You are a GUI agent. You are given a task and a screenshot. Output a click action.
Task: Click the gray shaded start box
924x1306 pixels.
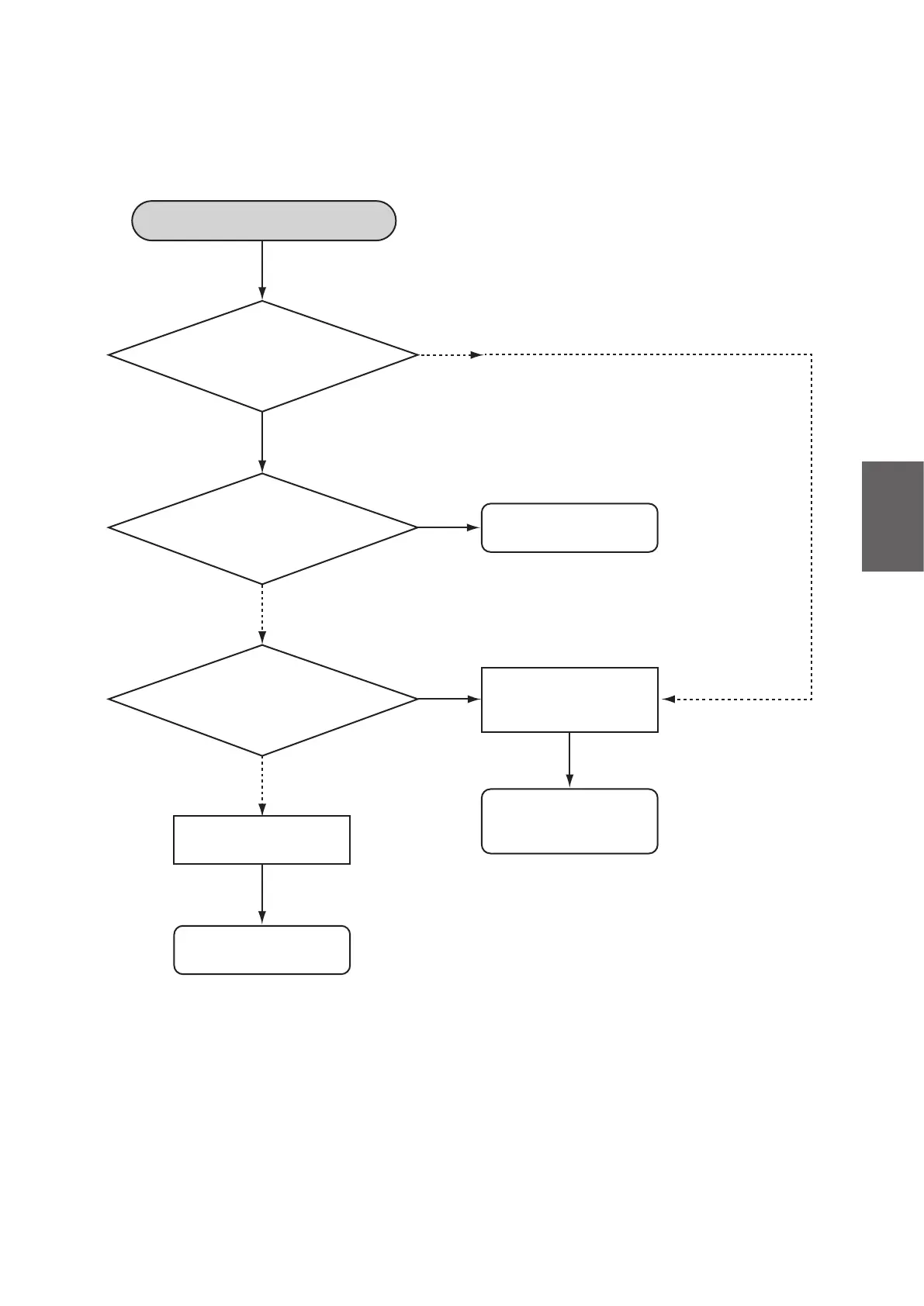point(264,221)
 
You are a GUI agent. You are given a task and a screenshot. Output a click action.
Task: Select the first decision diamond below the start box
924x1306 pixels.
point(263,356)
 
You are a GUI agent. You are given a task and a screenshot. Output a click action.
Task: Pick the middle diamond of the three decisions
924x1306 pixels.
point(263,528)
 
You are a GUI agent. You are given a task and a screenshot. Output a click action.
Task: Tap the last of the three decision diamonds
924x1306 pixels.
point(263,700)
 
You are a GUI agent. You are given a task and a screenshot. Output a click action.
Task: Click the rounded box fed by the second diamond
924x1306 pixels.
point(569,528)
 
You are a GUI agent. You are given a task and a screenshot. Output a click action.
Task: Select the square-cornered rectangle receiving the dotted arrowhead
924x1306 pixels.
point(569,700)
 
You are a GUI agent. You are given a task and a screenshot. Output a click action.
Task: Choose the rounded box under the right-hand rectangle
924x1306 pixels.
point(569,821)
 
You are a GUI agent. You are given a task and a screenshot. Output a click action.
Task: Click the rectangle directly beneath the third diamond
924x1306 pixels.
point(261,840)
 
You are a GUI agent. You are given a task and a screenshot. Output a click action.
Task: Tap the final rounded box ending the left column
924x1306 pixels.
point(261,950)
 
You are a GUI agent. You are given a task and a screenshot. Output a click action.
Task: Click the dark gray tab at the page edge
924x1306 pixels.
point(892,517)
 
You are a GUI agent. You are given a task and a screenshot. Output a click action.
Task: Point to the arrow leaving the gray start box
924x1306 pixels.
point(262,270)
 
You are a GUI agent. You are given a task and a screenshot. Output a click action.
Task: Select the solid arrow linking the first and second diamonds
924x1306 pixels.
point(262,442)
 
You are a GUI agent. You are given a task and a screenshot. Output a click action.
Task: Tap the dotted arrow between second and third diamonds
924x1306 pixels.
point(262,614)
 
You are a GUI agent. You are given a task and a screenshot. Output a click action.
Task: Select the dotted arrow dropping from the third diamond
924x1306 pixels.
point(262,786)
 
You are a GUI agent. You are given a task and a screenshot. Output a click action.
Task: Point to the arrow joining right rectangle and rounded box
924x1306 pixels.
point(569,760)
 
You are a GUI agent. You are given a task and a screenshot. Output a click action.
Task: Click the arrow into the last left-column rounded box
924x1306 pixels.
point(262,894)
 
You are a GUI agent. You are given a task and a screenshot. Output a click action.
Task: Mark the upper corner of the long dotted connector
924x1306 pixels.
point(812,355)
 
